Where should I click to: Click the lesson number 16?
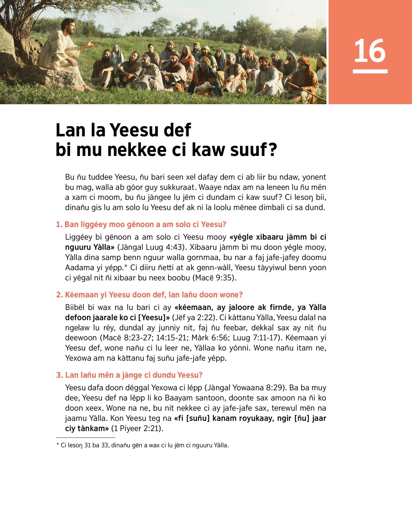(370, 51)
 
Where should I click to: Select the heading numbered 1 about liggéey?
(141, 225)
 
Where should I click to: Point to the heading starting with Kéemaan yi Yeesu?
(149, 295)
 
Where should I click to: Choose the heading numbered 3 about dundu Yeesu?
(129, 375)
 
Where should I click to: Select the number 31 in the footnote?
(88, 445)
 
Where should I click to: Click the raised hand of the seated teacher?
(92, 44)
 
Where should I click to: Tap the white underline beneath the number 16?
(370, 71)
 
